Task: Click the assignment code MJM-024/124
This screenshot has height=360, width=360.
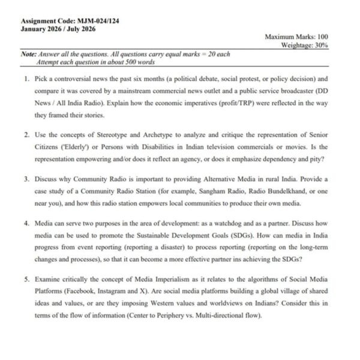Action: click(96, 21)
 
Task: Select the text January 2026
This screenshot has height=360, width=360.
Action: click(41, 29)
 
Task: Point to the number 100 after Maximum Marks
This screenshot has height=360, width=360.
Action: click(321, 37)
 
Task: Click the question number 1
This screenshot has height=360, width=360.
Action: click(27, 79)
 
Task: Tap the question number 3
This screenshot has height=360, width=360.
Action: click(27, 179)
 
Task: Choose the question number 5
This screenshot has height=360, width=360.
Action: click(27, 280)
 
